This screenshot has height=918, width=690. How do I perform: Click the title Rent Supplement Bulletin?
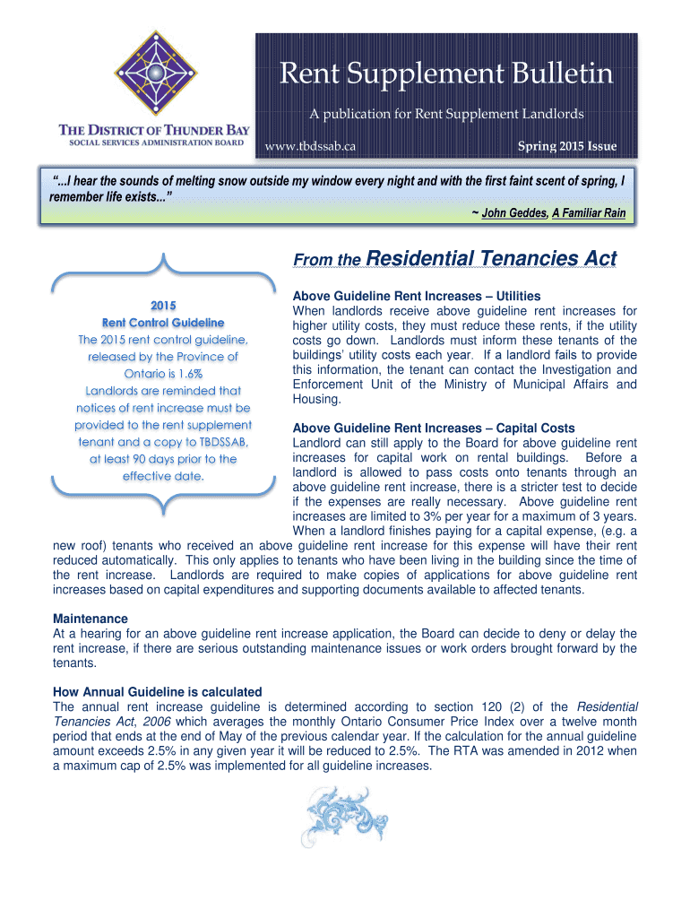pos(446,74)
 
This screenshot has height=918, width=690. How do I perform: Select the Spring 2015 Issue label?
pos(566,145)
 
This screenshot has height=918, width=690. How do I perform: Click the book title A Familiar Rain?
pos(588,213)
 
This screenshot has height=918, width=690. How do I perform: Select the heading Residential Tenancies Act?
pos(492,259)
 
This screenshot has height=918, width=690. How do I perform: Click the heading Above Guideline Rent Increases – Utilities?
pos(417,297)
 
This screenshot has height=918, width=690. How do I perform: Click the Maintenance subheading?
pos(91,619)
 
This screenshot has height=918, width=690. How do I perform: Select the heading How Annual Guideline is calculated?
pos(158,692)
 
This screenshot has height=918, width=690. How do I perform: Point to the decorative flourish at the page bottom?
pos(345,816)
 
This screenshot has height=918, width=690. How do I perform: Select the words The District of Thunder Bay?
pos(155,129)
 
